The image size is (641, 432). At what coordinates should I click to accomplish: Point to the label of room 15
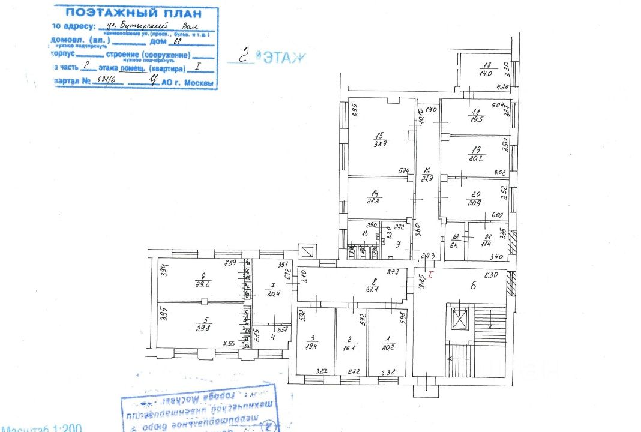pyautogui.click(x=379, y=139)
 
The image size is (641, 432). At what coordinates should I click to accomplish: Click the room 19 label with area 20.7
pyautogui.click(x=477, y=153)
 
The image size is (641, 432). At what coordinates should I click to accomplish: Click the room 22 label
pyautogui.click(x=454, y=240)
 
